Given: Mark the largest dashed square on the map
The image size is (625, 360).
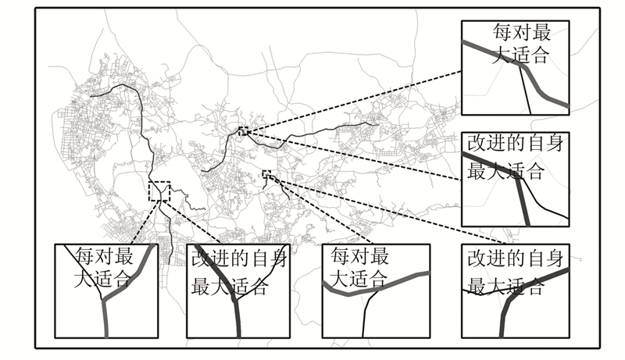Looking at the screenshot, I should [159, 191].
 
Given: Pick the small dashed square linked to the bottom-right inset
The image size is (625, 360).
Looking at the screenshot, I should [266, 174].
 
